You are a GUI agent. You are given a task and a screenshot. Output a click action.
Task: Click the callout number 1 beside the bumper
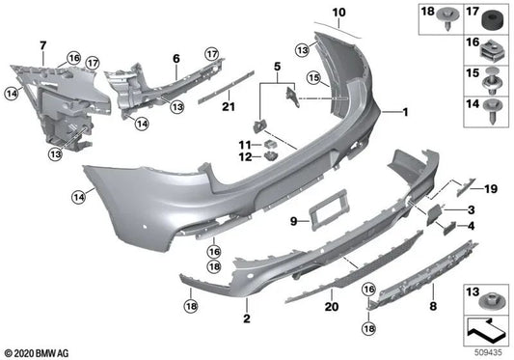406,112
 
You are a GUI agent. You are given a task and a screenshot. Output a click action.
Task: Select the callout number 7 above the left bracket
41,45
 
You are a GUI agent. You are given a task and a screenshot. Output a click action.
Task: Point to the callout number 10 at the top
338,13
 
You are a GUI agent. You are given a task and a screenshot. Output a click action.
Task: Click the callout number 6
176,58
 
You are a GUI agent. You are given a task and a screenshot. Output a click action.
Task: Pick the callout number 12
245,156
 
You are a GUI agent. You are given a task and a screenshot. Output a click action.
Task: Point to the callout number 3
472,209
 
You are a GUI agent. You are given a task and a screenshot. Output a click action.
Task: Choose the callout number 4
472,226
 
